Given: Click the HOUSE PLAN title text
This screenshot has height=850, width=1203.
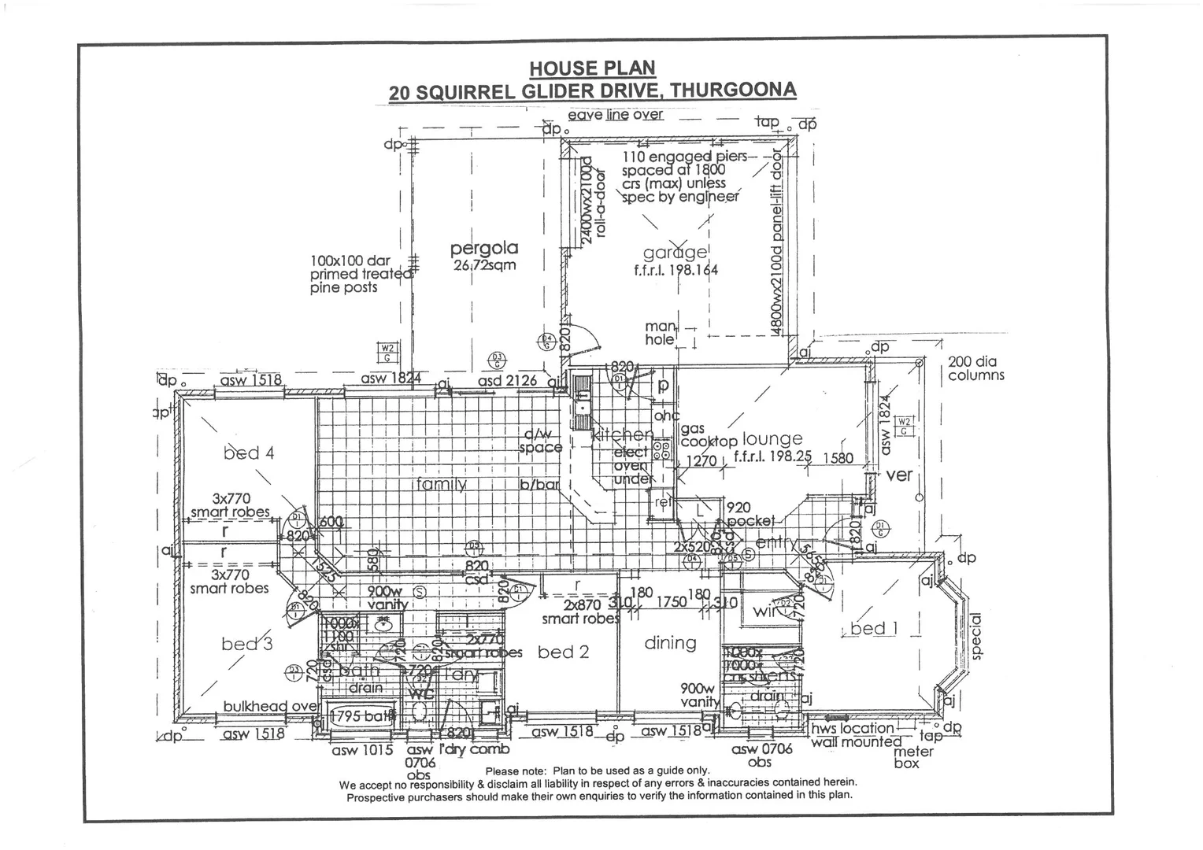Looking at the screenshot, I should pos(591,68).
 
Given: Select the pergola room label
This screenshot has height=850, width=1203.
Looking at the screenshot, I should pos(484,249).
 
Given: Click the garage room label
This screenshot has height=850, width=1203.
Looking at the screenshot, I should pos(675,253).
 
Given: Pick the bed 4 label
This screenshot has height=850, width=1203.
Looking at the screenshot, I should pos(249,453).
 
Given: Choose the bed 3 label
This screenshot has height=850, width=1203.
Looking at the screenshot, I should pos(247,644).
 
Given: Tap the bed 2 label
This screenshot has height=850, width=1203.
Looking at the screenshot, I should pos(563,652).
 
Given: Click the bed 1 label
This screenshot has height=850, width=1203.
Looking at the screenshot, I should pos(873,628).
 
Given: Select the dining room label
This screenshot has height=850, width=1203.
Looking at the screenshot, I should pos(670,643).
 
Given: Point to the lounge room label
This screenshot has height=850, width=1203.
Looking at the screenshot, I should pos(772,439).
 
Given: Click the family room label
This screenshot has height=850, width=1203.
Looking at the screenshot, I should pos(442,484).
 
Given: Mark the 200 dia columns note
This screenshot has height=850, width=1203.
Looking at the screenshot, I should pos(975,368).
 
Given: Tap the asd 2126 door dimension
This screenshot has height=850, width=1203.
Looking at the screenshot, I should pos(507,381).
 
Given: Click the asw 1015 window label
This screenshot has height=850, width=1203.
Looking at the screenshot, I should pos(362,750).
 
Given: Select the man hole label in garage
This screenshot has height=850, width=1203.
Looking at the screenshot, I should pos(660,333).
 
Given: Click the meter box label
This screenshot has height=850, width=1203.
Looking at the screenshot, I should pos(913,757).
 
